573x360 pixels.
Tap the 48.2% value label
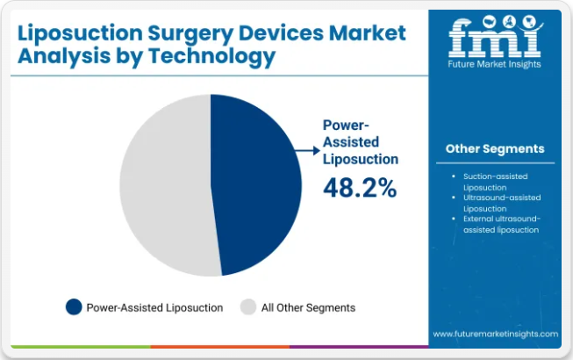click(x=360, y=187)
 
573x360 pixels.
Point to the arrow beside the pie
click(x=308, y=151)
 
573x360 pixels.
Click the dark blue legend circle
click(x=74, y=307)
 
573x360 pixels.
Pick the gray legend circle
click(x=248, y=307)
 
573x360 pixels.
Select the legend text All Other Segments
click(x=308, y=307)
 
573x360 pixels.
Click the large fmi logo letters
click(x=493, y=35)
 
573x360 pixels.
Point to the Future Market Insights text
click(x=494, y=63)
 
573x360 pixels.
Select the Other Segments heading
click(x=494, y=148)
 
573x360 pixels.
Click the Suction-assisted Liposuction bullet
click(x=495, y=181)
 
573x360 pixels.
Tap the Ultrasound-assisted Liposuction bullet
click(x=499, y=204)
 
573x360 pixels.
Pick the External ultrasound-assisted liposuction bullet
click(x=501, y=224)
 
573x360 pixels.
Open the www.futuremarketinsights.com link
click(x=495, y=334)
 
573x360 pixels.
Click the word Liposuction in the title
click(x=74, y=33)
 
